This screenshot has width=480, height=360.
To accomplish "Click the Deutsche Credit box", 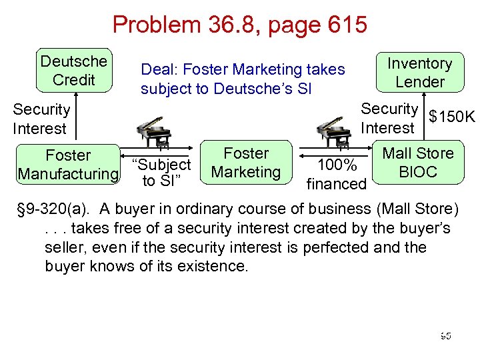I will coord(73,70).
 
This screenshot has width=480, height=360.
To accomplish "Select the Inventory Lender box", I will coord(419,73).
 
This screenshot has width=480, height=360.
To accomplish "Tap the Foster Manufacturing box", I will coord(68,165).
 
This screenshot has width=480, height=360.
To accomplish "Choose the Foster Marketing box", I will coord(246,163).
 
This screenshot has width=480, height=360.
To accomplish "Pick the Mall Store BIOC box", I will coord(417,163).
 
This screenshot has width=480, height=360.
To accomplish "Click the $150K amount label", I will coord(452,117).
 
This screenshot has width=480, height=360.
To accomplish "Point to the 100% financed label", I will coord(336,174).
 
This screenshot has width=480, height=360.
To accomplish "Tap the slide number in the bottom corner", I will coord(445,335).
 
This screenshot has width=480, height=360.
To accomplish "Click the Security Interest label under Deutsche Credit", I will coord(41,119).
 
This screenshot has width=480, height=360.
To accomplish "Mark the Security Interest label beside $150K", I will coord(389,117).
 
